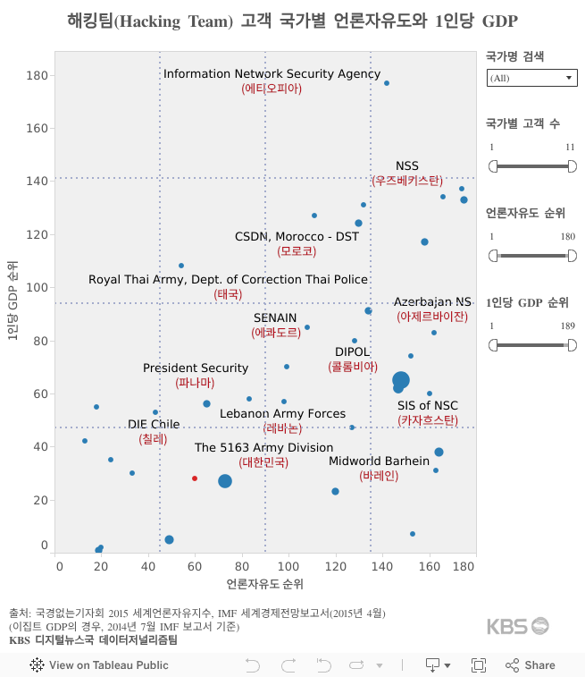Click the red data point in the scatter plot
[x=195, y=478]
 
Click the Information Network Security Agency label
[x=272, y=74]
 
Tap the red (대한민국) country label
[x=263, y=462]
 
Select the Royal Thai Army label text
[x=228, y=279]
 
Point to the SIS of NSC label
[x=428, y=406]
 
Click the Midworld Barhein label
[x=379, y=461]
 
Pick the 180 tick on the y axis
[x=37, y=75]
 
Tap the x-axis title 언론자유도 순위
[x=265, y=584]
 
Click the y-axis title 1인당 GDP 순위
[x=12, y=301]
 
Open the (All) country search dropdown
[x=531, y=79]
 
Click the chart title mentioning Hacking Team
[x=292, y=21]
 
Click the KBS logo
[x=518, y=626]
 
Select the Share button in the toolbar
[x=531, y=664]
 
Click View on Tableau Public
[x=100, y=664]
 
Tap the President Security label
[x=196, y=368]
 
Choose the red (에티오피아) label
[x=272, y=89]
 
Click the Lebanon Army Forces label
[x=282, y=414]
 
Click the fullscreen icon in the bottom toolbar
[x=479, y=664]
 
